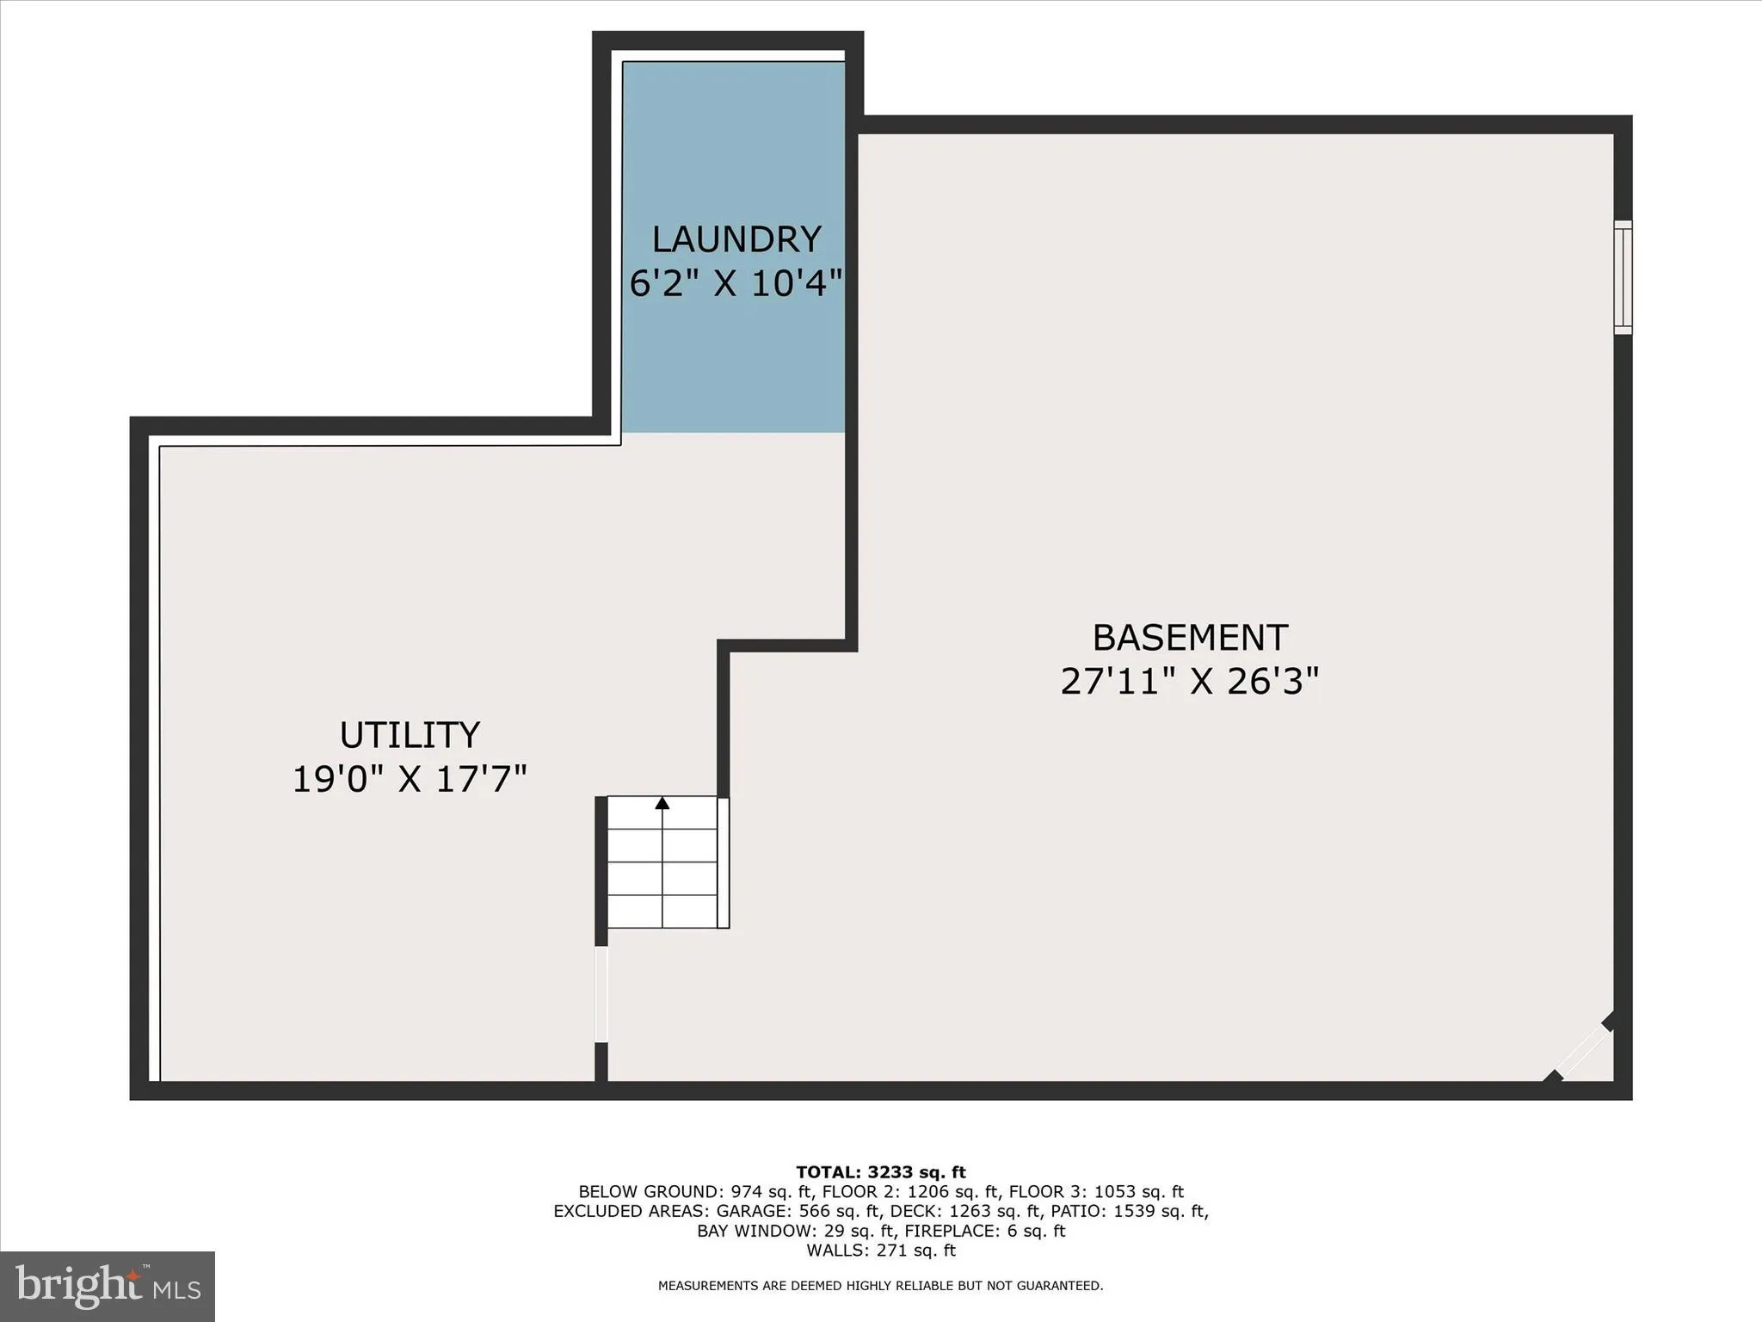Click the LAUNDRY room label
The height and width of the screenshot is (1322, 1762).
coord(736,239)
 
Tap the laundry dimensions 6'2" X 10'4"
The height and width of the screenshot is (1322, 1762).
coord(736,283)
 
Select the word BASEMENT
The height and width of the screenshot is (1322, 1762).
coord(1190,638)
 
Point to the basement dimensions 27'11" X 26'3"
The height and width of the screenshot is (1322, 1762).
coord(1190,682)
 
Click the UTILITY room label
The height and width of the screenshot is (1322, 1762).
coord(410,735)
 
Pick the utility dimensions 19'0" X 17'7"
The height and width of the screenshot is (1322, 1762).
coord(410,780)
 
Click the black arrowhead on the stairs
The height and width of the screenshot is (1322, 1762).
coord(662,803)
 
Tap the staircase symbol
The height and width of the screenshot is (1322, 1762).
coord(662,862)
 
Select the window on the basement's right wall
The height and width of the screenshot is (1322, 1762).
coord(1622,277)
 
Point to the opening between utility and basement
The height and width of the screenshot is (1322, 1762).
coord(601,994)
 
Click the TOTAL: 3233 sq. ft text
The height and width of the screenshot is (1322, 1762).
coord(881,1172)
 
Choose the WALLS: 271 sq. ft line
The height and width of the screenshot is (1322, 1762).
coord(881,1251)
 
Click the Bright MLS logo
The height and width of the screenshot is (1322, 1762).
coord(108,1286)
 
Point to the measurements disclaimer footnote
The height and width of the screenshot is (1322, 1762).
coord(881,1286)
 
